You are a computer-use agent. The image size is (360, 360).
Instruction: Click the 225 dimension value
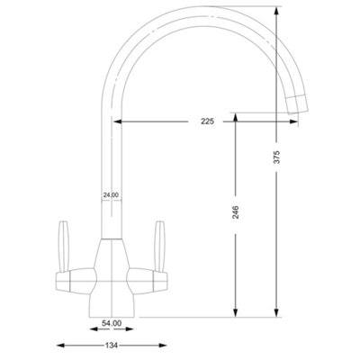point(208,121)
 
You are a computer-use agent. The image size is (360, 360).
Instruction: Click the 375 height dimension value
point(277,157)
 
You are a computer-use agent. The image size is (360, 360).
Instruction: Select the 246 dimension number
point(236,211)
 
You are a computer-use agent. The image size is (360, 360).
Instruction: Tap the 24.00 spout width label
point(111,195)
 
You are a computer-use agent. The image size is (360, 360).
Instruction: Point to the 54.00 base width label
point(112,323)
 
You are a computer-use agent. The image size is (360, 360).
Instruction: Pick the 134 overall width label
point(112,346)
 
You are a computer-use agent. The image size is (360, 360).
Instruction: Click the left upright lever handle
point(64,247)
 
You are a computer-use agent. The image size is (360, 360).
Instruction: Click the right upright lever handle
point(159,247)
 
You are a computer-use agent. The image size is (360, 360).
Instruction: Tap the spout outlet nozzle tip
point(297,104)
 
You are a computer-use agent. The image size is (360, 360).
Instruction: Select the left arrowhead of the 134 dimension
point(60,346)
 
